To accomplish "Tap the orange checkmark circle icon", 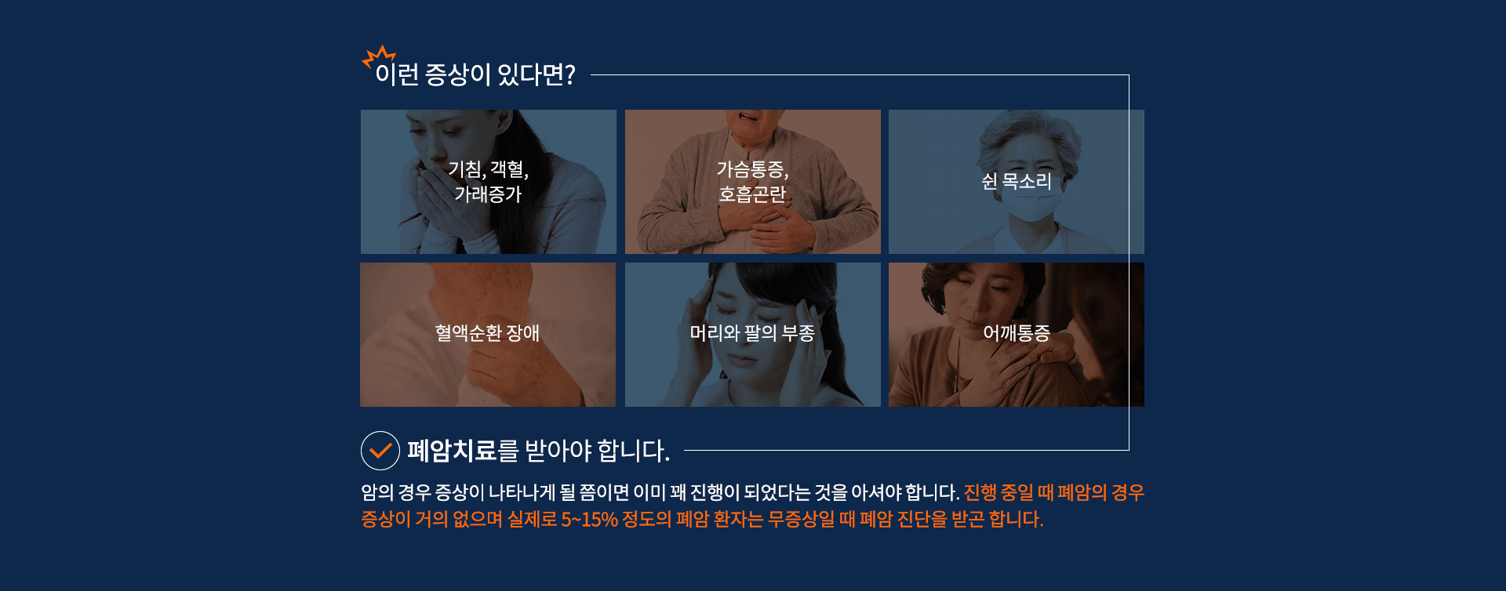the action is click(x=380, y=451).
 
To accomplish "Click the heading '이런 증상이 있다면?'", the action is click(x=475, y=74).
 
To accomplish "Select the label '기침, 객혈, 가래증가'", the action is click(x=489, y=182).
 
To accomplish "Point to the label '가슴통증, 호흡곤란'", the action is click(x=753, y=182).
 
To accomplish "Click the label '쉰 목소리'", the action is click(x=1017, y=181).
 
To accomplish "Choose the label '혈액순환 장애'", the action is click(x=488, y=333).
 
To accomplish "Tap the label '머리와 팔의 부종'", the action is click(x=753, y=333).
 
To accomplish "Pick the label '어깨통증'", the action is click(x=1017, y=333).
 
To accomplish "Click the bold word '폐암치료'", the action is click(x=452, y=451).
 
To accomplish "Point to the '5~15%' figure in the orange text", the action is click(x=589, y=519).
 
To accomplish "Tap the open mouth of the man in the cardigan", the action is click(x=749, y=118).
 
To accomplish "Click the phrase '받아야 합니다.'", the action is click(x=597, y=451).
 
